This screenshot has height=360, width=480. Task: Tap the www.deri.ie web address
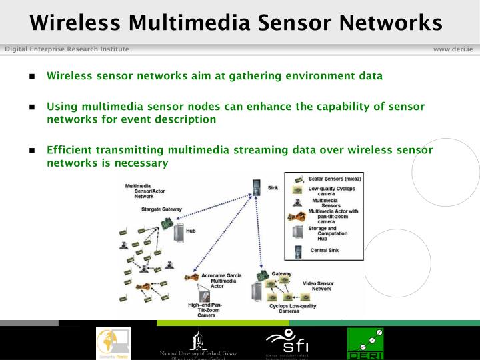pyautogui.click(x=453, y=49)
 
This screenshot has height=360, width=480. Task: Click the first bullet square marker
pyautogui.click(x=31, y=76)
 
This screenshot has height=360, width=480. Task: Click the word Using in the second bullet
pyautogui.click(x=61, y=107)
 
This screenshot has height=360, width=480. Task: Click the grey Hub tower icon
pyautogui.click(x=179, y=233)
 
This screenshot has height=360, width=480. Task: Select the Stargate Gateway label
pyautogui.click(x=161, y=209)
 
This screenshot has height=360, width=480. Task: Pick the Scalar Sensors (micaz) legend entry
pyautogui.click(x=334, y=179)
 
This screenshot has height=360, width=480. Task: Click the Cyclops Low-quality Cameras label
pyautogui.click(x=284, y=308)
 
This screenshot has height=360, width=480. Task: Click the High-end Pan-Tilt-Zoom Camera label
pyautogui.click(x=205, y=310)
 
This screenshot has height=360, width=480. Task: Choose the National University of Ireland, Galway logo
pyautogui.click(x=198, y=344)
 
